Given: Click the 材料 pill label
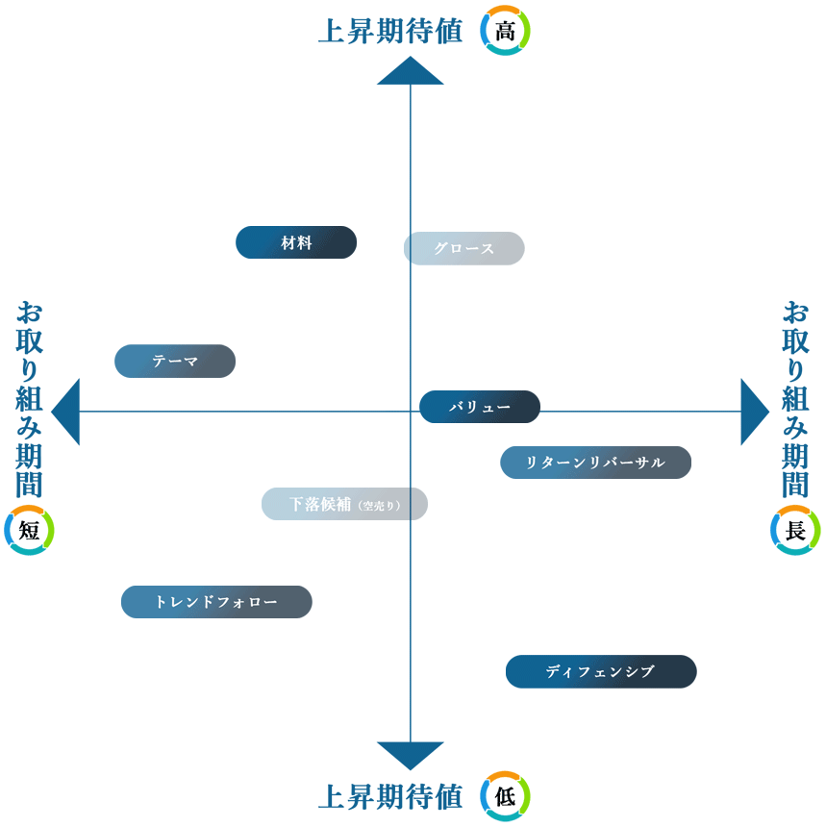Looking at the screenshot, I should click(296, 242).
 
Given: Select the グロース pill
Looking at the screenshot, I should click(463, 248).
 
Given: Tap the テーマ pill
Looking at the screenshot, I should click(175, 361).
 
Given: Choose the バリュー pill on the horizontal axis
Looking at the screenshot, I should click(480, 407).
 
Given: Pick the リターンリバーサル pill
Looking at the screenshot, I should click(595, 463).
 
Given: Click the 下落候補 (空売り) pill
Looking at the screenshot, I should click(344, 504).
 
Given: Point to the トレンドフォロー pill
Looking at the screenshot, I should click(216, 602).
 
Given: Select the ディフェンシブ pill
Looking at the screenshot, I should click(601, 671).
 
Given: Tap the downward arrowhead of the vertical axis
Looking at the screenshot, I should click(411, 754).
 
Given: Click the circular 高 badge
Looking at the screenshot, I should click(505, 31).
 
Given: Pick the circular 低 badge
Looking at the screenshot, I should click(505, 796).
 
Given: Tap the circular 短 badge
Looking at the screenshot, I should click(29, 530).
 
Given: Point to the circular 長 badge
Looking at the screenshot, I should click(795, 530).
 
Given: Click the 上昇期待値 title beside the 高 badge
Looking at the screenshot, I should click(390, 31).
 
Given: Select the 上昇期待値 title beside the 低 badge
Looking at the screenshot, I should click(390, 796).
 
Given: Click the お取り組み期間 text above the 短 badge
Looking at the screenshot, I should click(29, 398).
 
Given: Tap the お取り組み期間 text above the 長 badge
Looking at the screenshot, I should click(795, 398).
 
